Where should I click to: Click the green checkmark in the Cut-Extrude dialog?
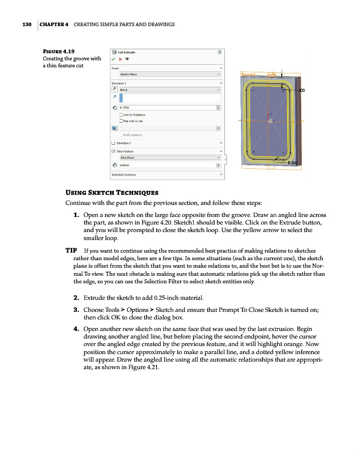click(114, 58)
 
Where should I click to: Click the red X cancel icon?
click(120, 58)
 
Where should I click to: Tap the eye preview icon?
click(127, 58)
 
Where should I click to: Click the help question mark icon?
click(220, 52)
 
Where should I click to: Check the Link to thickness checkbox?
click(121, 115)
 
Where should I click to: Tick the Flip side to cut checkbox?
click(121, 121)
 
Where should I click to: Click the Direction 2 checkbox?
click(113, 143)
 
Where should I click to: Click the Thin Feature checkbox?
click(113, 151)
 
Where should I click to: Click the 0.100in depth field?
click(166, 107)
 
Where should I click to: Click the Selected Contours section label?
click(124, 175)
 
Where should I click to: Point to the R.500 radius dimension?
click(293, 163)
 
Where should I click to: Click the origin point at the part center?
click(270, 121)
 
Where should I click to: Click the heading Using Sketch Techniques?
click(112, 193)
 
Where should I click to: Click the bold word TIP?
click(71, 250)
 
